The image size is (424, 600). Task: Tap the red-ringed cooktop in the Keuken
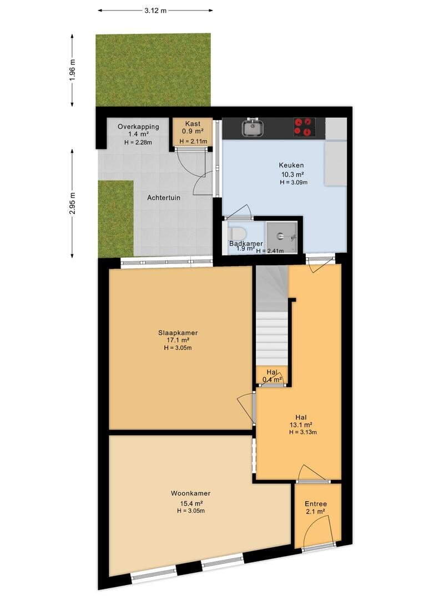304,127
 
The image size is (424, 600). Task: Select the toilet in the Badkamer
237,233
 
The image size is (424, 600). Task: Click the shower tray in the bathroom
282,237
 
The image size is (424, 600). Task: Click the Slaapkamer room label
178,333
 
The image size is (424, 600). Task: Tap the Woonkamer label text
190,493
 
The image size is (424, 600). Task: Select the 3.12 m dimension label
155,11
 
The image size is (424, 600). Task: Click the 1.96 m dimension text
72,70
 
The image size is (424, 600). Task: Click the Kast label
193,123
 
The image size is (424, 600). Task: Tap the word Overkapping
138,127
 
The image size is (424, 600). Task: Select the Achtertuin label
164,198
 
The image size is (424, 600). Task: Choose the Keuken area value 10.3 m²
292,174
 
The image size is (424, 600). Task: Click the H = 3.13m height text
303,432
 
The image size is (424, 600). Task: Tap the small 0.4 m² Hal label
272,379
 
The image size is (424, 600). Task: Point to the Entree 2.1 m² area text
315,511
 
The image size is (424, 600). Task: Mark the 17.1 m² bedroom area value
178,340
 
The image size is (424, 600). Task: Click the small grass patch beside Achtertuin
116,218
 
